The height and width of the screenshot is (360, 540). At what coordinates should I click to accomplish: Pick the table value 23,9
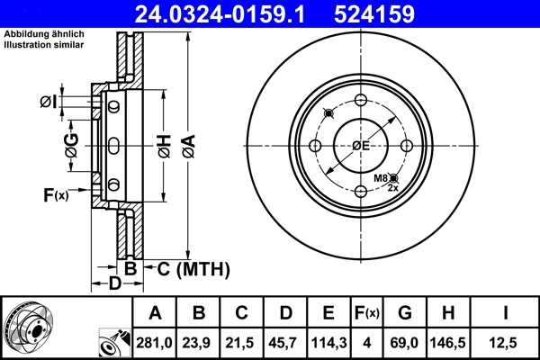[x=200, y=342]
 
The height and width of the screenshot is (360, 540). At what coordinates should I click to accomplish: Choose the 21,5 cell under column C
[x=242, y=342]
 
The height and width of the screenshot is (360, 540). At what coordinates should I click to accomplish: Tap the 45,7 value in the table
[x=284, y=342]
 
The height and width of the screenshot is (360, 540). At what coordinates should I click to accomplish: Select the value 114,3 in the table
[x=328, y=342]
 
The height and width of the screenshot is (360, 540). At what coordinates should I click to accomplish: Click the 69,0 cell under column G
[x=404, y=342]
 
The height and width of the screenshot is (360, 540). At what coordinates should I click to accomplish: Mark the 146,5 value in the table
[x=447, y=342]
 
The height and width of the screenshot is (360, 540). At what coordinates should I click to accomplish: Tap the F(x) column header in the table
[x=366, y=313]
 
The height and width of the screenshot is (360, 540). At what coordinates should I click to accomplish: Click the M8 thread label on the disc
[x=382, y=180]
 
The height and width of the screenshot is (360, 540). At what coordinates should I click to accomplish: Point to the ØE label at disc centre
[x=360, y=146]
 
